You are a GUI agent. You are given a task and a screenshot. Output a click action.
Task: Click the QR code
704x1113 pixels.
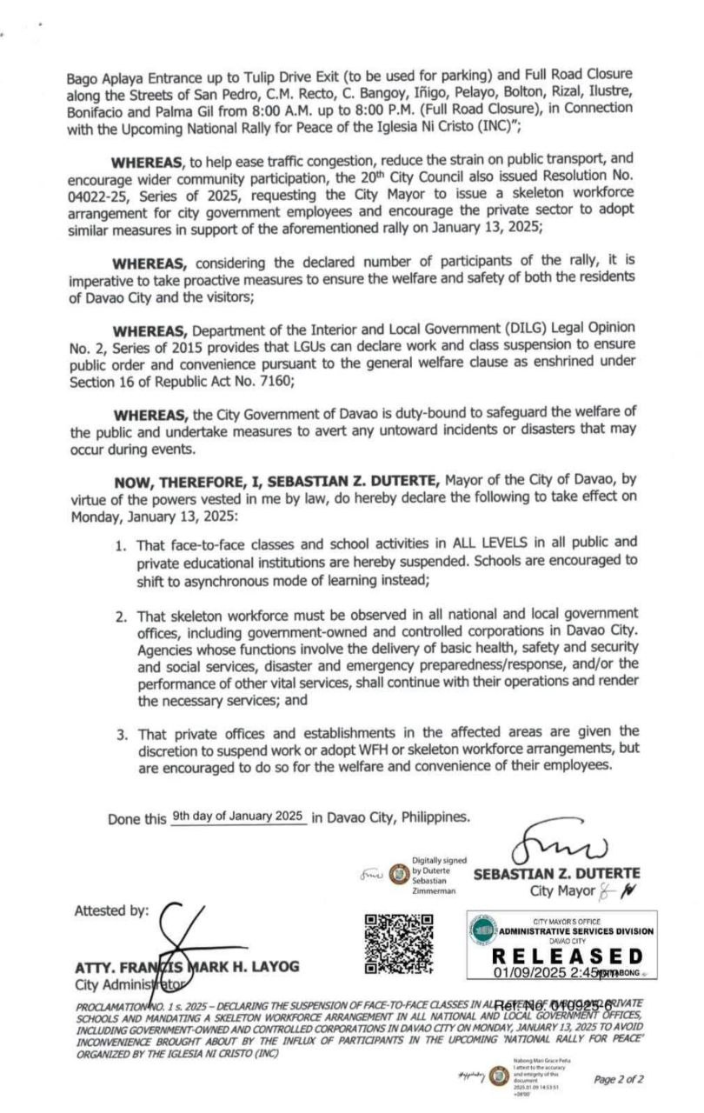[399, 943]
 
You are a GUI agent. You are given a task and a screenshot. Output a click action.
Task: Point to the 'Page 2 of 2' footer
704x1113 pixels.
[619, 1079]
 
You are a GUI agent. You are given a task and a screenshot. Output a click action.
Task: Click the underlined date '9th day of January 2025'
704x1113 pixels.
[237, 816]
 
